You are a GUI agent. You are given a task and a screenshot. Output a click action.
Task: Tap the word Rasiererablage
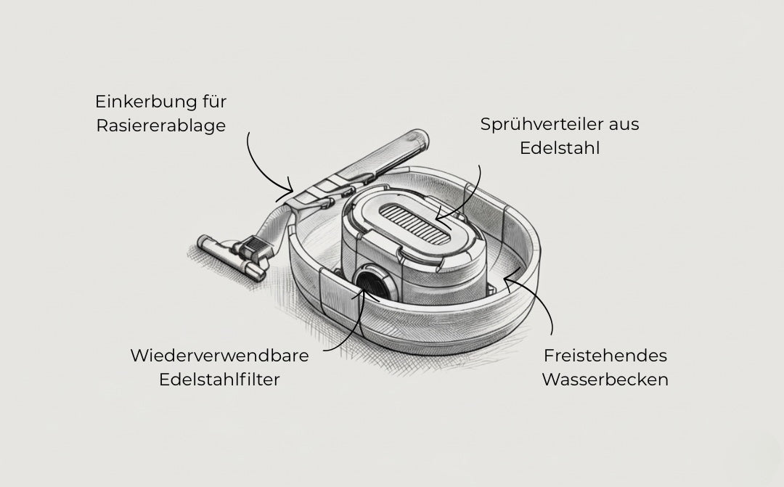click(x=160, y=126)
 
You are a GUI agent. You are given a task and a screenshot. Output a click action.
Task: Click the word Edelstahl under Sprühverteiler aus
click(x=560, y=148)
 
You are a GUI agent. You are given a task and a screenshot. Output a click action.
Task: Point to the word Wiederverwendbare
click(x=219, y=356)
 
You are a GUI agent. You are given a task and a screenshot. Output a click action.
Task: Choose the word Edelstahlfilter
click(x=219, y=380)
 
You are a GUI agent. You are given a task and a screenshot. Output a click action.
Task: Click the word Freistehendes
click(x=605, y=356)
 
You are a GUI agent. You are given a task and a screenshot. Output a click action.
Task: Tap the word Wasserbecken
click(x=605, y=380)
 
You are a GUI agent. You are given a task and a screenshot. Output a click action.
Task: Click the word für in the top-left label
click(x=214, y=102)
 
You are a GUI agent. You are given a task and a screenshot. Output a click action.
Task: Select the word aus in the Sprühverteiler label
click(x=624, y=125)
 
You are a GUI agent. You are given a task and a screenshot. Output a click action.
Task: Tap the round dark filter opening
click(x=373, y=284)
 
